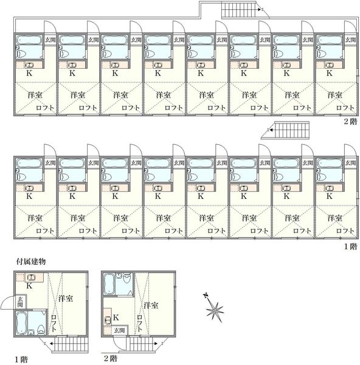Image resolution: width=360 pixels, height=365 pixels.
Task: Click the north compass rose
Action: (x=214, y=308)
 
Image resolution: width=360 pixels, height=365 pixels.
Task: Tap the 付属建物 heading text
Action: (x=31, y=262)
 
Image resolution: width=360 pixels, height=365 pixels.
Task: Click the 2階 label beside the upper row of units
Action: (x=350, y=122)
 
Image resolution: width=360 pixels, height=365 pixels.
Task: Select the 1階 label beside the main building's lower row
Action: (x=350, y=246)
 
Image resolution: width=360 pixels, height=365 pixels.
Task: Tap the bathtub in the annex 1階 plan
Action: (x=21, y=323)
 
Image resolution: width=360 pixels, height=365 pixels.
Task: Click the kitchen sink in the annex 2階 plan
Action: (x=108, y=321)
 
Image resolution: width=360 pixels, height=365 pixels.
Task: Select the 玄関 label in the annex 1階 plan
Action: (x=21, y=302)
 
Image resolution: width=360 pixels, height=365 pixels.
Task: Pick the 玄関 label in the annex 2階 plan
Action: (x=120, y=330)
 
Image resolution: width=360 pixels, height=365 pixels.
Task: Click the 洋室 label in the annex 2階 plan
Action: (x=151, y=305)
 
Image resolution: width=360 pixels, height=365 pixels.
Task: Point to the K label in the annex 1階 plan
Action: (x=29, y=286)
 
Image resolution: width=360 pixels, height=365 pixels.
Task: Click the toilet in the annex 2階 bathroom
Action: (x=127, y=278)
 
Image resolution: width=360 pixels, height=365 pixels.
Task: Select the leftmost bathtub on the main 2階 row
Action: (x=29, y=40)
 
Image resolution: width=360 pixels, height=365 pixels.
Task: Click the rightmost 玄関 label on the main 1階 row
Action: (x=350, y=163)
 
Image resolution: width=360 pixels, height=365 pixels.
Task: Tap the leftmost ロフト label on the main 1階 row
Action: (x=45, y=231)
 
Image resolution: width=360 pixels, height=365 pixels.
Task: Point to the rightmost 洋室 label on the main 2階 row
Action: (x=335, y=95)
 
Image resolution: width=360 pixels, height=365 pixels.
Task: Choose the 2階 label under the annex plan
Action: (x=110, y=358)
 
